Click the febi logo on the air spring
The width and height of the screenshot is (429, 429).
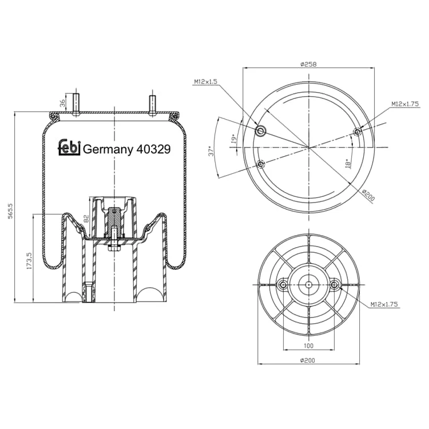click(x=69, y=148)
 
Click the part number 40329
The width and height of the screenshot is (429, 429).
click(x=153, y=149)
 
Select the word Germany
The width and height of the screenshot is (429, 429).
click(x=108, y=150)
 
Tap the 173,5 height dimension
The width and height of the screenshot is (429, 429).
click(x=29, y=261)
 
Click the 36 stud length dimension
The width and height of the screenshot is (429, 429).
click(x=63, y=103)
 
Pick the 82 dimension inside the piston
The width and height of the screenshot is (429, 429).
click(x=86, y=219)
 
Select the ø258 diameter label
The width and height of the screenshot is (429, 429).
click(x=308, y=64)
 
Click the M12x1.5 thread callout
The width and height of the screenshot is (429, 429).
click(x=205, y=82)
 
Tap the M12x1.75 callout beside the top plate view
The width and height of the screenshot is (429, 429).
click(x=405, y=104)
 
